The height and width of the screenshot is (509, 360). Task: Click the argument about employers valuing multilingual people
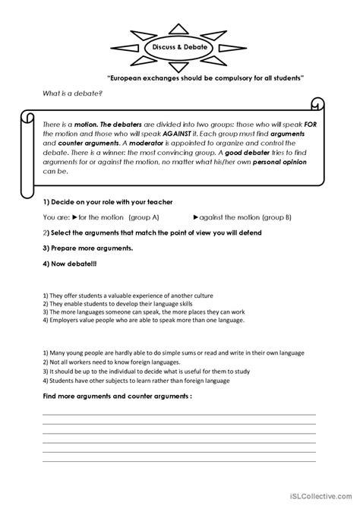coord(144,321)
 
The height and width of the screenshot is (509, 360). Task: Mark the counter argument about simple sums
coord(163,353)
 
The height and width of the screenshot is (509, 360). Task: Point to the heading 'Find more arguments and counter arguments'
coord(116,397)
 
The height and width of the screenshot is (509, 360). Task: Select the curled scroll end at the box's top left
coord(28,116)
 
